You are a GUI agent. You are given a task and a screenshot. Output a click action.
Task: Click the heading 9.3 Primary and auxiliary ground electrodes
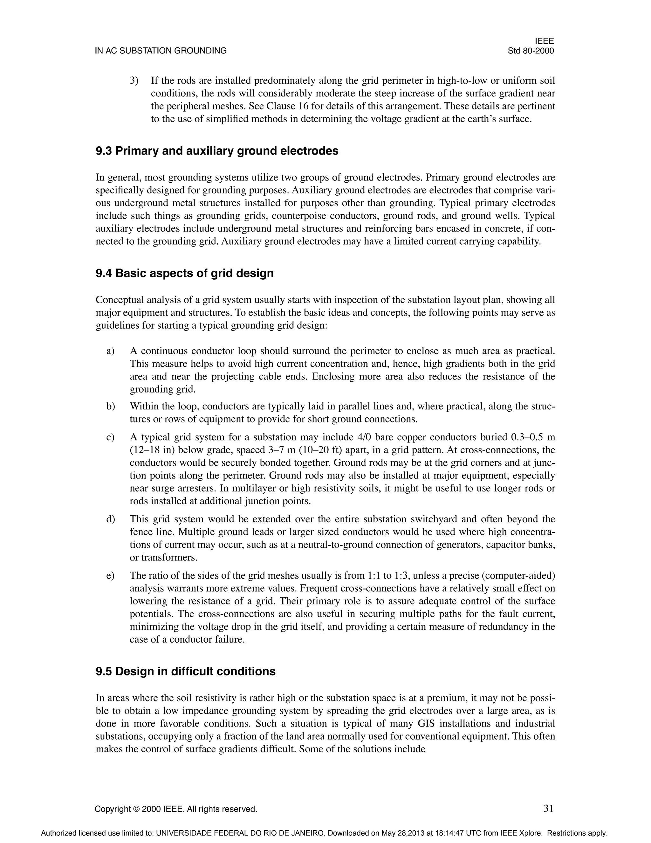(217, 151)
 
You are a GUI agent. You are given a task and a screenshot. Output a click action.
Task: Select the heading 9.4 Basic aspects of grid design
(184, 273)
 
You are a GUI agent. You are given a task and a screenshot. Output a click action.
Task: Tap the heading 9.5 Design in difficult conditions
(186, 671)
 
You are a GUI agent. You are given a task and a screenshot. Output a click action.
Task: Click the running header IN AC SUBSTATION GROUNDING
(161, 51)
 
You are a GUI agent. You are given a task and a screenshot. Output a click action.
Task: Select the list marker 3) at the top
(134, 81)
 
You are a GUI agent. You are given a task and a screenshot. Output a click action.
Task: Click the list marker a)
(110, 351)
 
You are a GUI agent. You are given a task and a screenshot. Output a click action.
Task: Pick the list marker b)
(110, 407)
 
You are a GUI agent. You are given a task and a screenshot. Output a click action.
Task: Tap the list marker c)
(110, 437)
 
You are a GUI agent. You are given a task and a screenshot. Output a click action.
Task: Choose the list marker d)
(110, 519)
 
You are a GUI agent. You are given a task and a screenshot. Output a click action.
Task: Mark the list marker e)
(110, 575)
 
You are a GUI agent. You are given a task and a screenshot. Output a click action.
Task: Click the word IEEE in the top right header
(544, 41)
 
